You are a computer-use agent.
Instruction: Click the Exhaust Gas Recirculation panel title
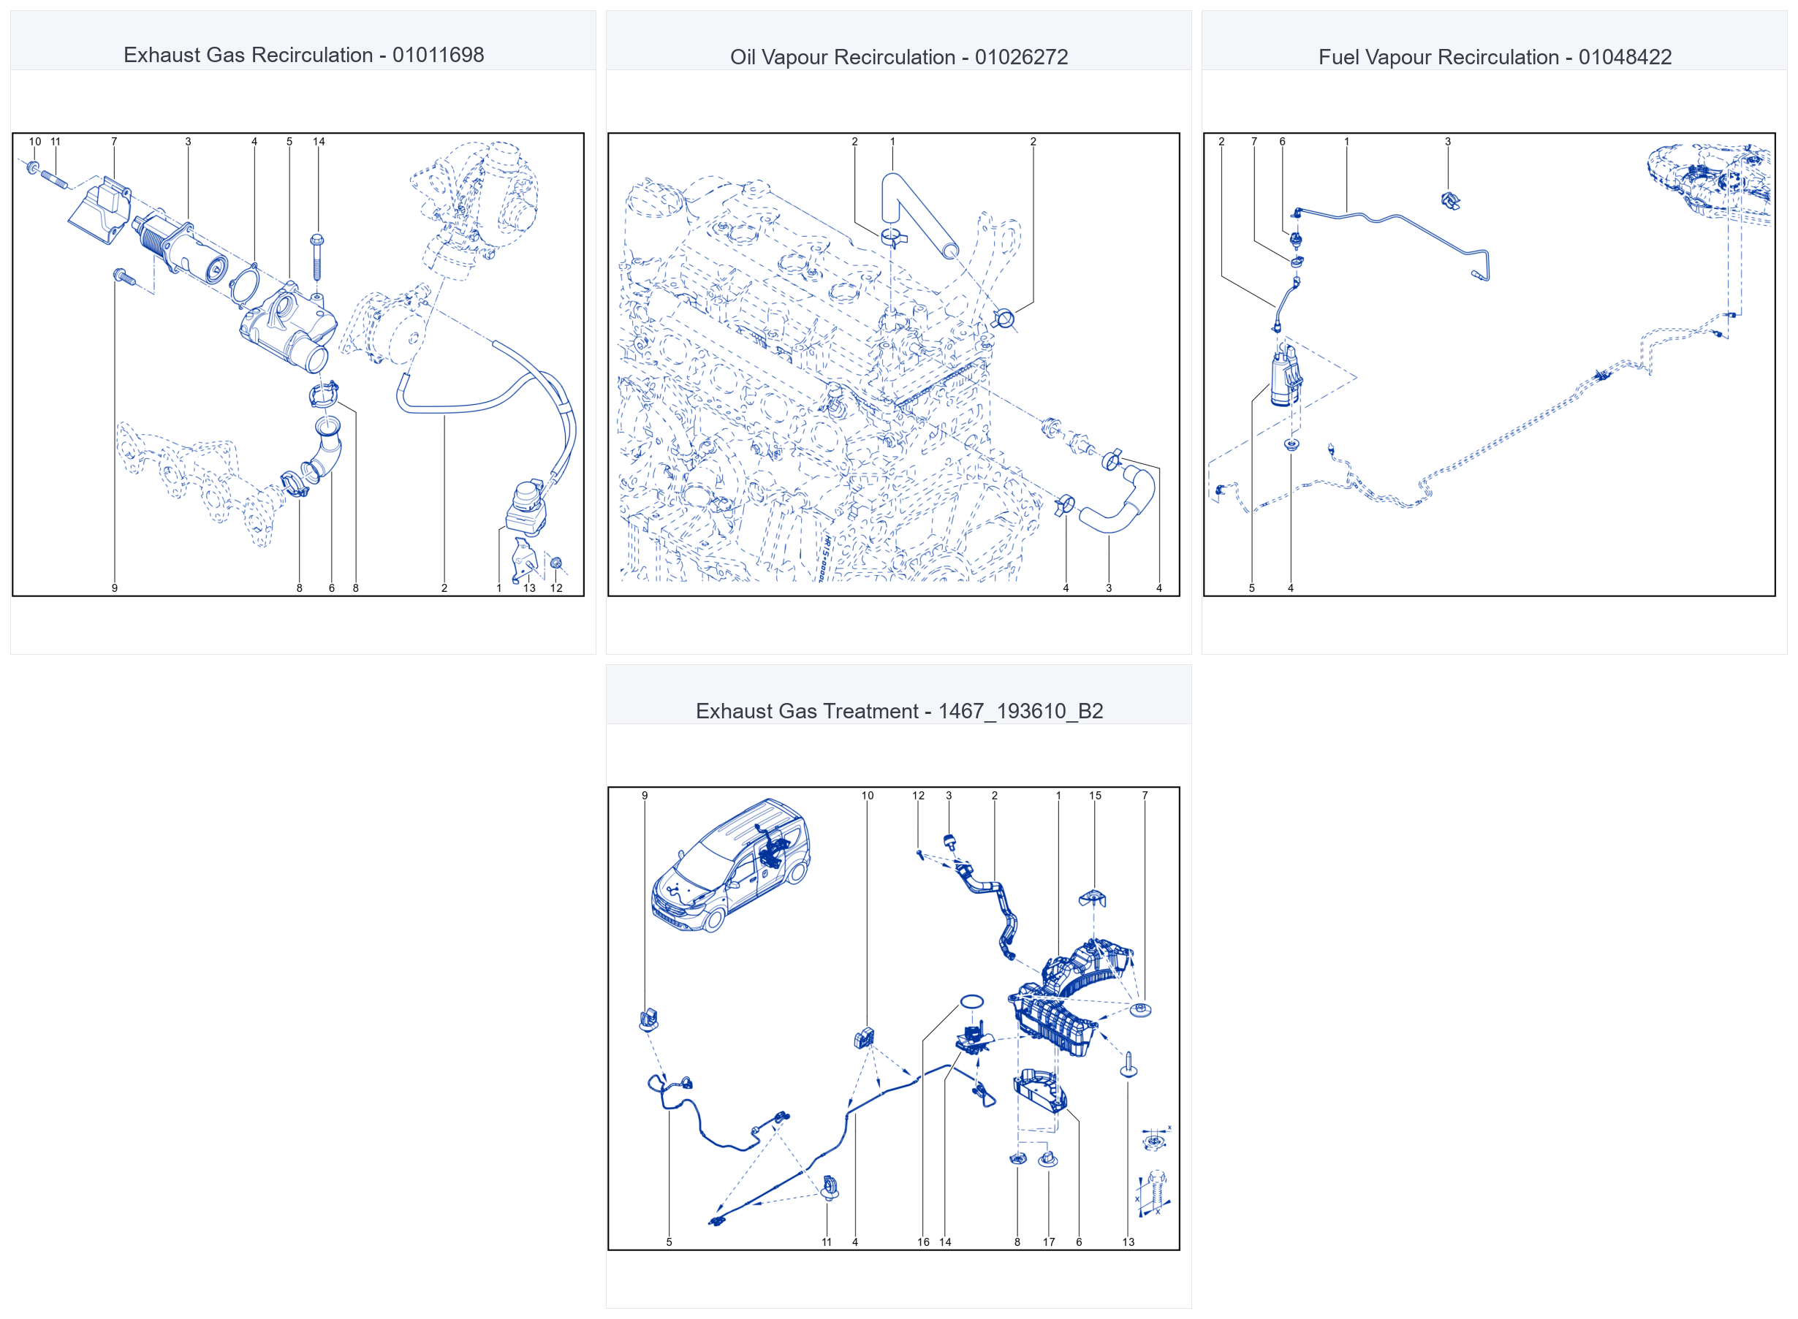tap(303, 55)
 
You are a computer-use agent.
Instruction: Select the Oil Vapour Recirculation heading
tap(899, 58)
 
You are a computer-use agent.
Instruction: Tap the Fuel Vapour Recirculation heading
tap(1495, 58)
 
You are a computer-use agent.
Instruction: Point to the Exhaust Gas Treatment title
tap(899, 712)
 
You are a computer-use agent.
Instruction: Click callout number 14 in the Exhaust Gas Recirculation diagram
tap(319, 142)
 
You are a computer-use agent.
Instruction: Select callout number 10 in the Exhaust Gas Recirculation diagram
tap(35, 142)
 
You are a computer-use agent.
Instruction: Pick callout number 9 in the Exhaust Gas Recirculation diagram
tap(115, 588)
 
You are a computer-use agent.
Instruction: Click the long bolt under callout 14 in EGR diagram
tap(317, 256)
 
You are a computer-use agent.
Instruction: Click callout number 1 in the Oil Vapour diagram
tap(892, 142)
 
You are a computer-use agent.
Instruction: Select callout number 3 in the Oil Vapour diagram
tap(1108, 588)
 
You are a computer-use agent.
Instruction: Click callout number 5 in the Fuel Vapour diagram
tap(1251, 588)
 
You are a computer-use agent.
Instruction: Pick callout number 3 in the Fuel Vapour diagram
tap(1447, 142)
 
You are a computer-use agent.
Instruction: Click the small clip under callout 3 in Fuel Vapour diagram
tap(1451, 200)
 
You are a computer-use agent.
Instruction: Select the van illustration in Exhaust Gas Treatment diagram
tap(729, 865)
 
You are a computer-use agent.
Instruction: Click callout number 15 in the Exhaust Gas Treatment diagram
tap(1096, 796)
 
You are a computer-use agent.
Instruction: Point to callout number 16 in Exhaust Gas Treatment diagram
tap(923, 1242)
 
